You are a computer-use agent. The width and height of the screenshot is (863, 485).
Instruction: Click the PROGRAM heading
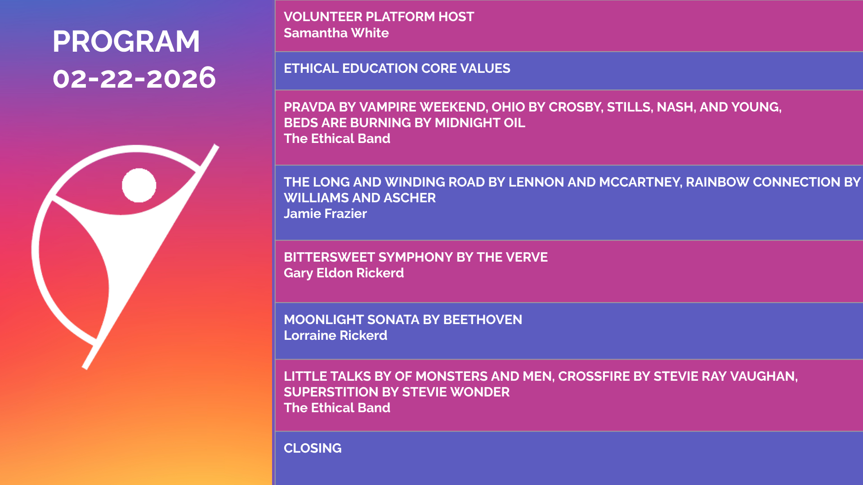coord(126,41)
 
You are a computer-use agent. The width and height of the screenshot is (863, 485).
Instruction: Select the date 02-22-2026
coord(134,78)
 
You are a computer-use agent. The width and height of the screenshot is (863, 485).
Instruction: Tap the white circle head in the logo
coord(139,185)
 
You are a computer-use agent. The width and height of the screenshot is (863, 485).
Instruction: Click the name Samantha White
coord(336,33)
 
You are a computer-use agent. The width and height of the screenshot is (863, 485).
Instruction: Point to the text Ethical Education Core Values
coord(397,68)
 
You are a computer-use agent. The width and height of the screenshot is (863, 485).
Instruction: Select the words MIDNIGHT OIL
coord(480,123)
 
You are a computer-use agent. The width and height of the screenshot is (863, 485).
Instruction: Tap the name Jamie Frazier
coord(325,214)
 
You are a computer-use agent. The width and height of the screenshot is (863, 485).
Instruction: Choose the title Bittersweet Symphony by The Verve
coord(416,257)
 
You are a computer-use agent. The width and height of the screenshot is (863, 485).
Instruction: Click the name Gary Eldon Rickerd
coord(344,273)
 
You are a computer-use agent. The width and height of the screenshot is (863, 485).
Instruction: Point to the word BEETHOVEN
coord(483,320)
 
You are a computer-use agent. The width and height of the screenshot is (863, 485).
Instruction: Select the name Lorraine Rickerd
coord(335,335)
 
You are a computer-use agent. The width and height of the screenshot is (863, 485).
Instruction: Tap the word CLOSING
coord(313,448)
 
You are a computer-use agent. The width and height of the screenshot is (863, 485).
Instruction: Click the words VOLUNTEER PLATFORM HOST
coord(379,17)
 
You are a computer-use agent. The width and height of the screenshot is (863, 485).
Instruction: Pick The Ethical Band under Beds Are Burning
coord(337,138)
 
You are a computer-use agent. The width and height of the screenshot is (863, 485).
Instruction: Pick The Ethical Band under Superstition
coord(337,408)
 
